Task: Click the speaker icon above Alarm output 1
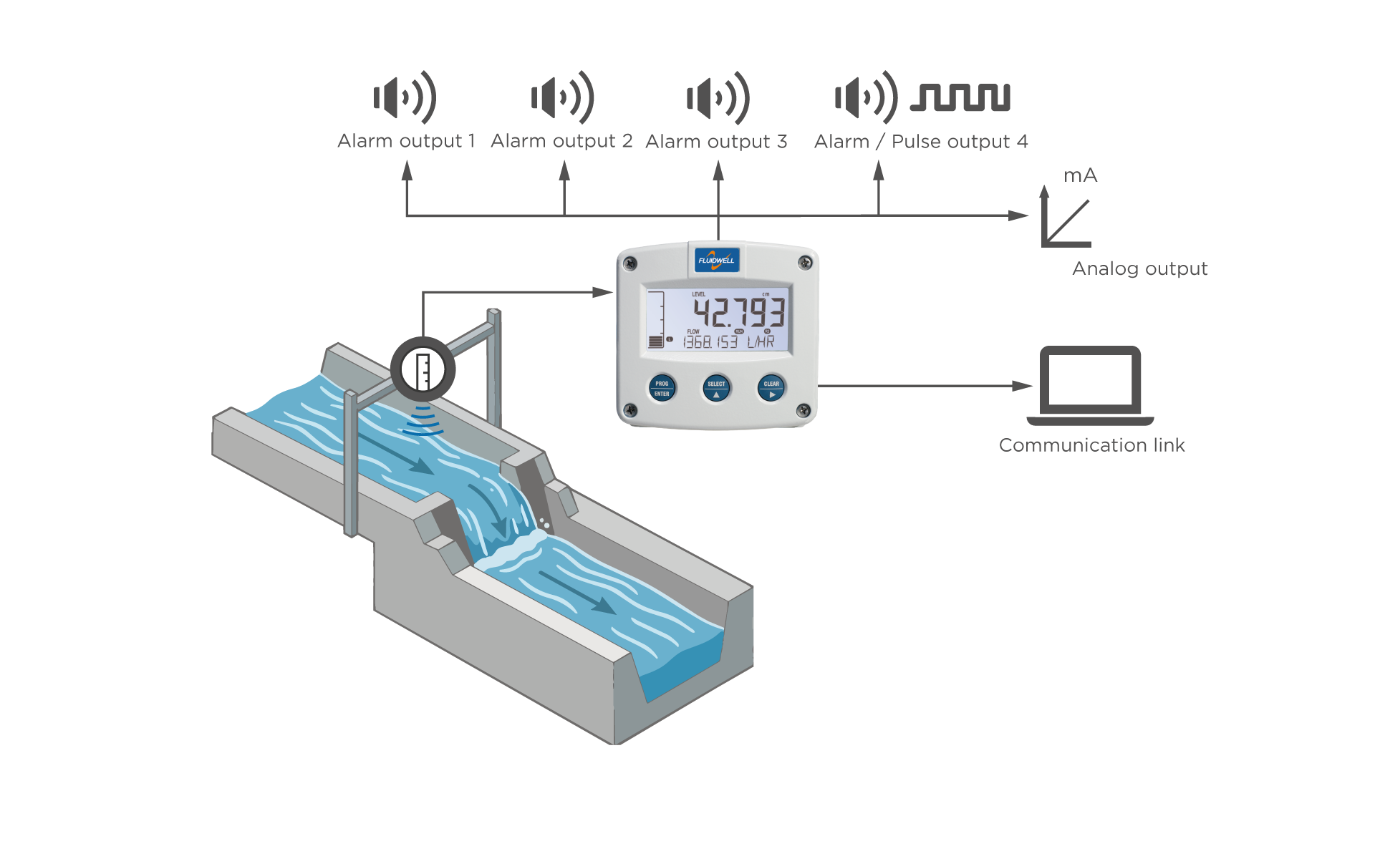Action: (x=405, y=97)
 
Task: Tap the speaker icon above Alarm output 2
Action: (x=562, y=97)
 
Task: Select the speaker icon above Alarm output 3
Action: (x=718, y=97)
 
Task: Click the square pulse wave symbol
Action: (x=960, y=97)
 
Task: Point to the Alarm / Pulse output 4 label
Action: (x=921, y=142)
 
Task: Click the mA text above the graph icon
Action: (x=1080, y=175)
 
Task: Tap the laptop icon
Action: (x=1090, y=386)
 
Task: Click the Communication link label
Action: (x=1092, y=445)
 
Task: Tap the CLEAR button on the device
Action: (x=771, y=388)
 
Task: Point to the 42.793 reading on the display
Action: (x=739, y=312)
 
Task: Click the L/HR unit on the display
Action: (x=761, y=342)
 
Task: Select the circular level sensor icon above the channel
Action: (x=423, y=370)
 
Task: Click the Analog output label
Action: (x=1140, y=268)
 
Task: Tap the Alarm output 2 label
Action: (x=561, y=141)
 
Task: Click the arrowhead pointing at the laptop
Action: (x=1022, y=386)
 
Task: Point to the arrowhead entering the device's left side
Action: (x=603, y=292)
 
